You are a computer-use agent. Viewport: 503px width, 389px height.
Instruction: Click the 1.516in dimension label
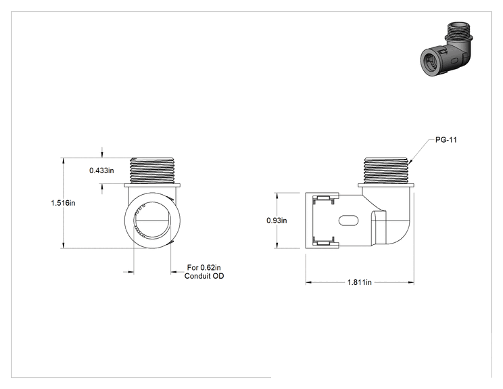63,203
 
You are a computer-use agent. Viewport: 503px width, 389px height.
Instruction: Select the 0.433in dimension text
101,170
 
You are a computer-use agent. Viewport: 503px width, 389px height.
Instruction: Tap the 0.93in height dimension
277,221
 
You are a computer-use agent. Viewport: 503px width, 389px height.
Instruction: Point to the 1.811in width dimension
360,282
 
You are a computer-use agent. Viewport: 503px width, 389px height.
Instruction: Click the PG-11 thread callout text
446,140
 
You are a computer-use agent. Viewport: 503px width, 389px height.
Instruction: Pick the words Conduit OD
204,276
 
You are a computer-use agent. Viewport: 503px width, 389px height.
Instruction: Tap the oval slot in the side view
348,221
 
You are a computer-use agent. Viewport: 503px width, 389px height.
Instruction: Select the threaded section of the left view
152,170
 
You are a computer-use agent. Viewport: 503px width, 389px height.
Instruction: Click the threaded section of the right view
386,170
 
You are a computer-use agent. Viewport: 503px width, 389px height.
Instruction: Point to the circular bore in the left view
152,220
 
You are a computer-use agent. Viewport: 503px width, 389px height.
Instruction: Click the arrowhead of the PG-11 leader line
410,162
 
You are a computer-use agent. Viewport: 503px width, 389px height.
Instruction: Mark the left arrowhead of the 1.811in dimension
308,282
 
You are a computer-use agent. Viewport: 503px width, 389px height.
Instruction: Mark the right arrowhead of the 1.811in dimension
410,282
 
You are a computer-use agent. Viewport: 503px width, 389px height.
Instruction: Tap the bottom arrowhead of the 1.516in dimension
63,245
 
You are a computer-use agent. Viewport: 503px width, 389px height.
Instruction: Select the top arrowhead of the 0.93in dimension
277,196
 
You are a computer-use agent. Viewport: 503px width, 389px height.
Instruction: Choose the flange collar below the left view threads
152,185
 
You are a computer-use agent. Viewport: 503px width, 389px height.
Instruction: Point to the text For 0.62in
204,267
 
